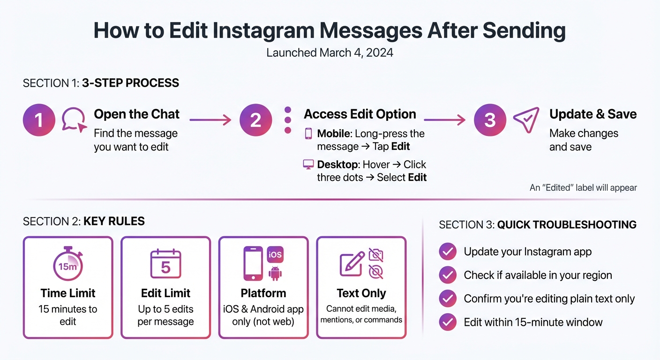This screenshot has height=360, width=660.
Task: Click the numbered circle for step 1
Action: [x=39, y=120]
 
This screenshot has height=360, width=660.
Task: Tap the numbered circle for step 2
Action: [x=255, y=120]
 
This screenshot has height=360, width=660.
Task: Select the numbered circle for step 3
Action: [x=490, y=120]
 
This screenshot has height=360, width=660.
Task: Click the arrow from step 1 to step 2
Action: [x=210, y=120]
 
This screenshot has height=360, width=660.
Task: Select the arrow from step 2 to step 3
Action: [x=444, y=120]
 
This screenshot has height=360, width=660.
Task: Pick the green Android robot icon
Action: [x=275, y=273]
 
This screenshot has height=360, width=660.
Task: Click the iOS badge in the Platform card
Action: [x=275, y=255]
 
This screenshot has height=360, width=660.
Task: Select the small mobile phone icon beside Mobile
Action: [x=308, y=134]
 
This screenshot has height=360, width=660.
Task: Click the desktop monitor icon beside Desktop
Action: [x=308, y=165]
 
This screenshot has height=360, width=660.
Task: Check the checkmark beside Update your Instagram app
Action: [x=448, y=252]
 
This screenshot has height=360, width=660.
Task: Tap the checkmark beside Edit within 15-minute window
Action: [x=448, y=322]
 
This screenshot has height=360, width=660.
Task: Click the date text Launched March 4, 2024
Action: [x=330, y=52]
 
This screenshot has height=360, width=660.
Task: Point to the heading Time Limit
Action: [x=68, y=293]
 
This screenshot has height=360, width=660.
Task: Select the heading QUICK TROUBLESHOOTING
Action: [x=567, y=225]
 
